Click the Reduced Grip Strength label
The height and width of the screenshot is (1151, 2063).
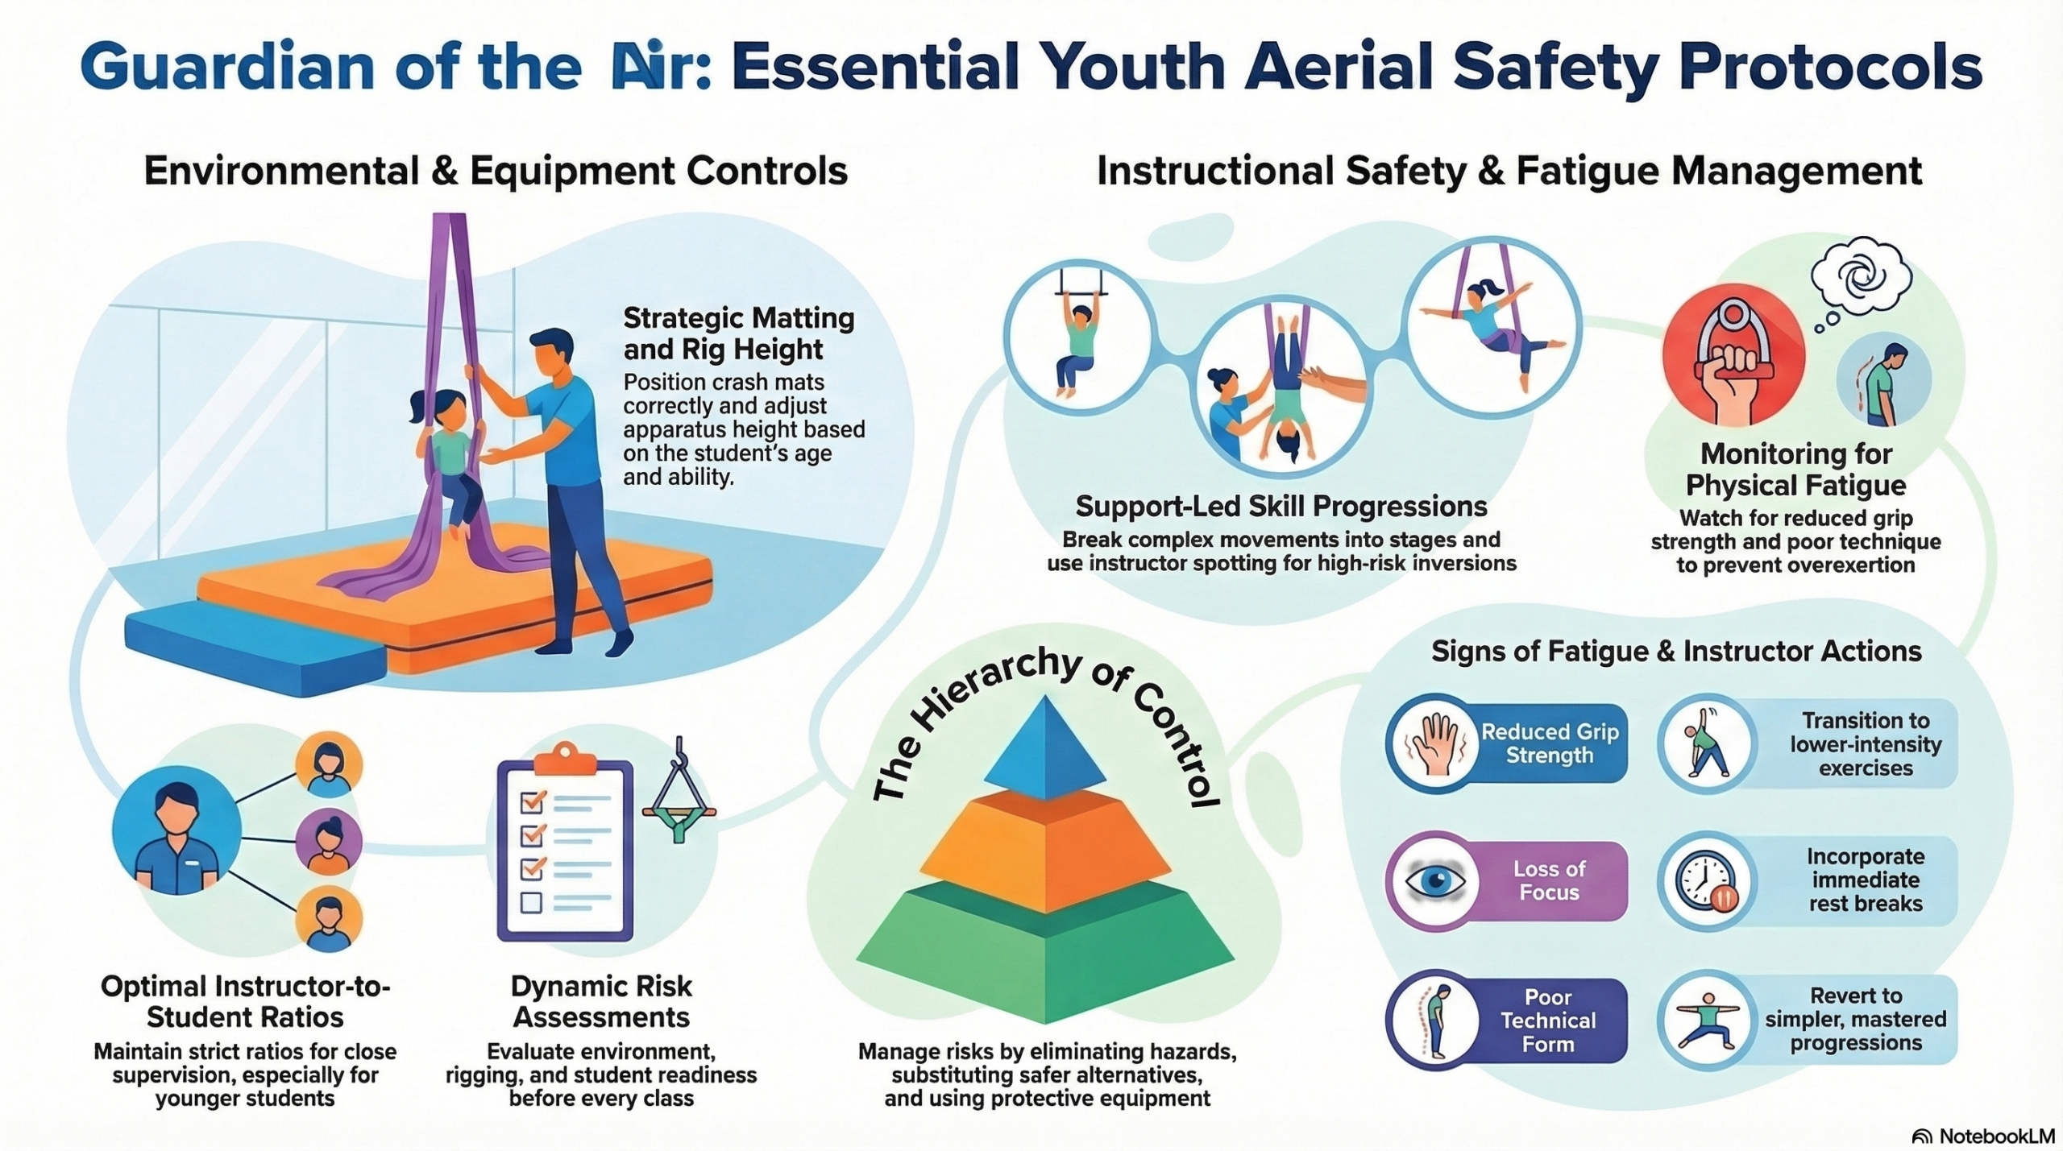pos(1550,743)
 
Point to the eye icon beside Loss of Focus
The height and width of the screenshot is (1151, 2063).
pos(1435,880)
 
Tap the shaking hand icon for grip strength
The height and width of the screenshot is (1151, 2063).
pos(1432,743)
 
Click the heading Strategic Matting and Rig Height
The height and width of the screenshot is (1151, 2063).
pos(739,333)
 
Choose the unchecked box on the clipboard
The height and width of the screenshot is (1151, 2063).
pos(531,902)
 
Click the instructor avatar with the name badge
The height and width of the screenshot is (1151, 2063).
pos(176,830)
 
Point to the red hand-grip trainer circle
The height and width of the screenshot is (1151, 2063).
pos(1733,354)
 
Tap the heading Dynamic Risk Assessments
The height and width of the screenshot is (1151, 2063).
pos(601,1001)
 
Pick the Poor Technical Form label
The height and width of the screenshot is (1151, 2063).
pos(1548,1021)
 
